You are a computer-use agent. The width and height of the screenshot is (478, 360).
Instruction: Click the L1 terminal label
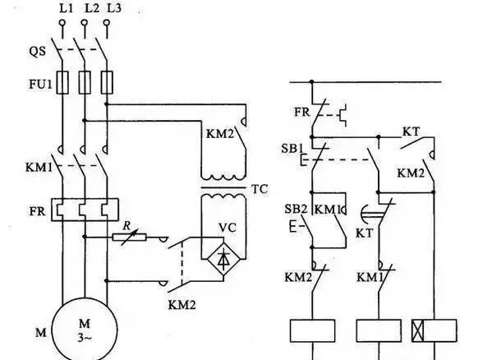tap(67, 8)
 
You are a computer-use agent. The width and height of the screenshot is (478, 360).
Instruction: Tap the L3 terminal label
tap(114, 8)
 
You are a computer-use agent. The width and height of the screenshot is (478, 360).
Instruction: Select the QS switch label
tap(38, 51)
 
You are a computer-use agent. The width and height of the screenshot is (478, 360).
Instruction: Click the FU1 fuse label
tap(40, 84)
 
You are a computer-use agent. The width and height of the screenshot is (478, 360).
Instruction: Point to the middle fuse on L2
tap(85, 82)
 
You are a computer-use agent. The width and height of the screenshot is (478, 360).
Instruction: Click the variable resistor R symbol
tap(129, 237)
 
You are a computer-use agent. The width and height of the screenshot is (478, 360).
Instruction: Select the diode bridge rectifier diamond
tap(223, 260)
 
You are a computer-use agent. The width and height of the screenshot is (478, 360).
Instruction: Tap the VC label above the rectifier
tap(228, 228)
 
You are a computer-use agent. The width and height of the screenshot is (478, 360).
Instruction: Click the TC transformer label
tap(260, 189)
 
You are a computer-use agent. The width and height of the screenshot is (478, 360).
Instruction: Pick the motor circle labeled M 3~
tap(85, 330)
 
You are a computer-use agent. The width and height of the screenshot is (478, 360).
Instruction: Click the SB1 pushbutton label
tap(292, 149)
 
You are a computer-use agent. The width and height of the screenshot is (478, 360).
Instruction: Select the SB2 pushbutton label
tap(296, 209)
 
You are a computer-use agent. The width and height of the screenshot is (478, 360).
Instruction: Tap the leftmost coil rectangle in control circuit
tap(312, 330)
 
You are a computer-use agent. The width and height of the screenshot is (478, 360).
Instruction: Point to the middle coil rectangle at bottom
tap(379, 330)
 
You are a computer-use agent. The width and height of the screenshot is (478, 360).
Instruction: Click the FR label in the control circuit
tap(301, 113)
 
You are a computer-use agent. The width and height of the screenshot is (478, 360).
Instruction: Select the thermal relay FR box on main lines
tap(85, 210)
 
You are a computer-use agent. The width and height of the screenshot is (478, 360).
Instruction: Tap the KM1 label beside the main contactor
tap(39, 167)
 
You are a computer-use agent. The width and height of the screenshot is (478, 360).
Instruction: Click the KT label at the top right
tap(411, 132)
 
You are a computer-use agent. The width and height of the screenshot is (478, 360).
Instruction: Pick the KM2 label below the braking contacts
tap(182, 304)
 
